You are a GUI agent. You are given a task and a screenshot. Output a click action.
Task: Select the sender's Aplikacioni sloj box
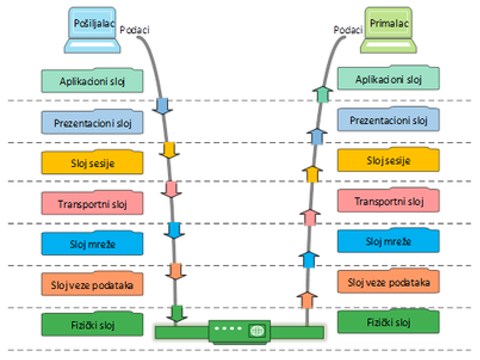(92, 81)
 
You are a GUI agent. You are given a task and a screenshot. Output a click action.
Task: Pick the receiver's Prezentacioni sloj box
(388, 120)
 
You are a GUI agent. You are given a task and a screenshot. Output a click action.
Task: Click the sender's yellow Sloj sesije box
(92, 162)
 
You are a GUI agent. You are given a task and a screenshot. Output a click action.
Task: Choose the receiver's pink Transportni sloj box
(388, 200)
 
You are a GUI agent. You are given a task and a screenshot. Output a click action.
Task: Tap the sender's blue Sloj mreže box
(92, 243)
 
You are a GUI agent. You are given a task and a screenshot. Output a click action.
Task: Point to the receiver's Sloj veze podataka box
(388, 280)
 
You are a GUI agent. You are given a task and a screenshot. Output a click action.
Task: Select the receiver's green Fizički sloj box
(388, 322)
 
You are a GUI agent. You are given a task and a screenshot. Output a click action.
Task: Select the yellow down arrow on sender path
(168, 149)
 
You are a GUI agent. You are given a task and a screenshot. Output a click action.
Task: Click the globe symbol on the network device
(257, 331)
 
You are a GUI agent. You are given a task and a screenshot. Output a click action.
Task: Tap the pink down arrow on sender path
(170, 189)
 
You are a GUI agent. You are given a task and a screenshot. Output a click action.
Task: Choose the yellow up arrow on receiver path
(311, 175)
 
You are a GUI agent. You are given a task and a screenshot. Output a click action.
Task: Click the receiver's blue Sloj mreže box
(388, 241)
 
